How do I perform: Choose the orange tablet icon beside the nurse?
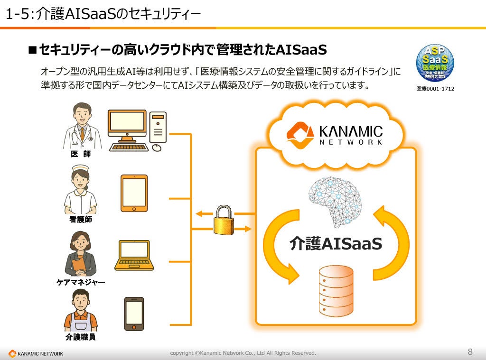[134, 193]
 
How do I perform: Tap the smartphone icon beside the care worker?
[134, 314]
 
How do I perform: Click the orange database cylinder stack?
[336, 291]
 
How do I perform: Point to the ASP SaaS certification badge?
[435, 63]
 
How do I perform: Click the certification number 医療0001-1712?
[435, 88]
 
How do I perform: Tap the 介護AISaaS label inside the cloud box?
[336, 244]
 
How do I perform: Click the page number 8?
[470, 352]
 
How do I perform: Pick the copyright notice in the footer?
[243, 353]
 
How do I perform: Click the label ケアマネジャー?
[81, 282]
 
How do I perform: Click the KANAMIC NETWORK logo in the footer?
[36, 353]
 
